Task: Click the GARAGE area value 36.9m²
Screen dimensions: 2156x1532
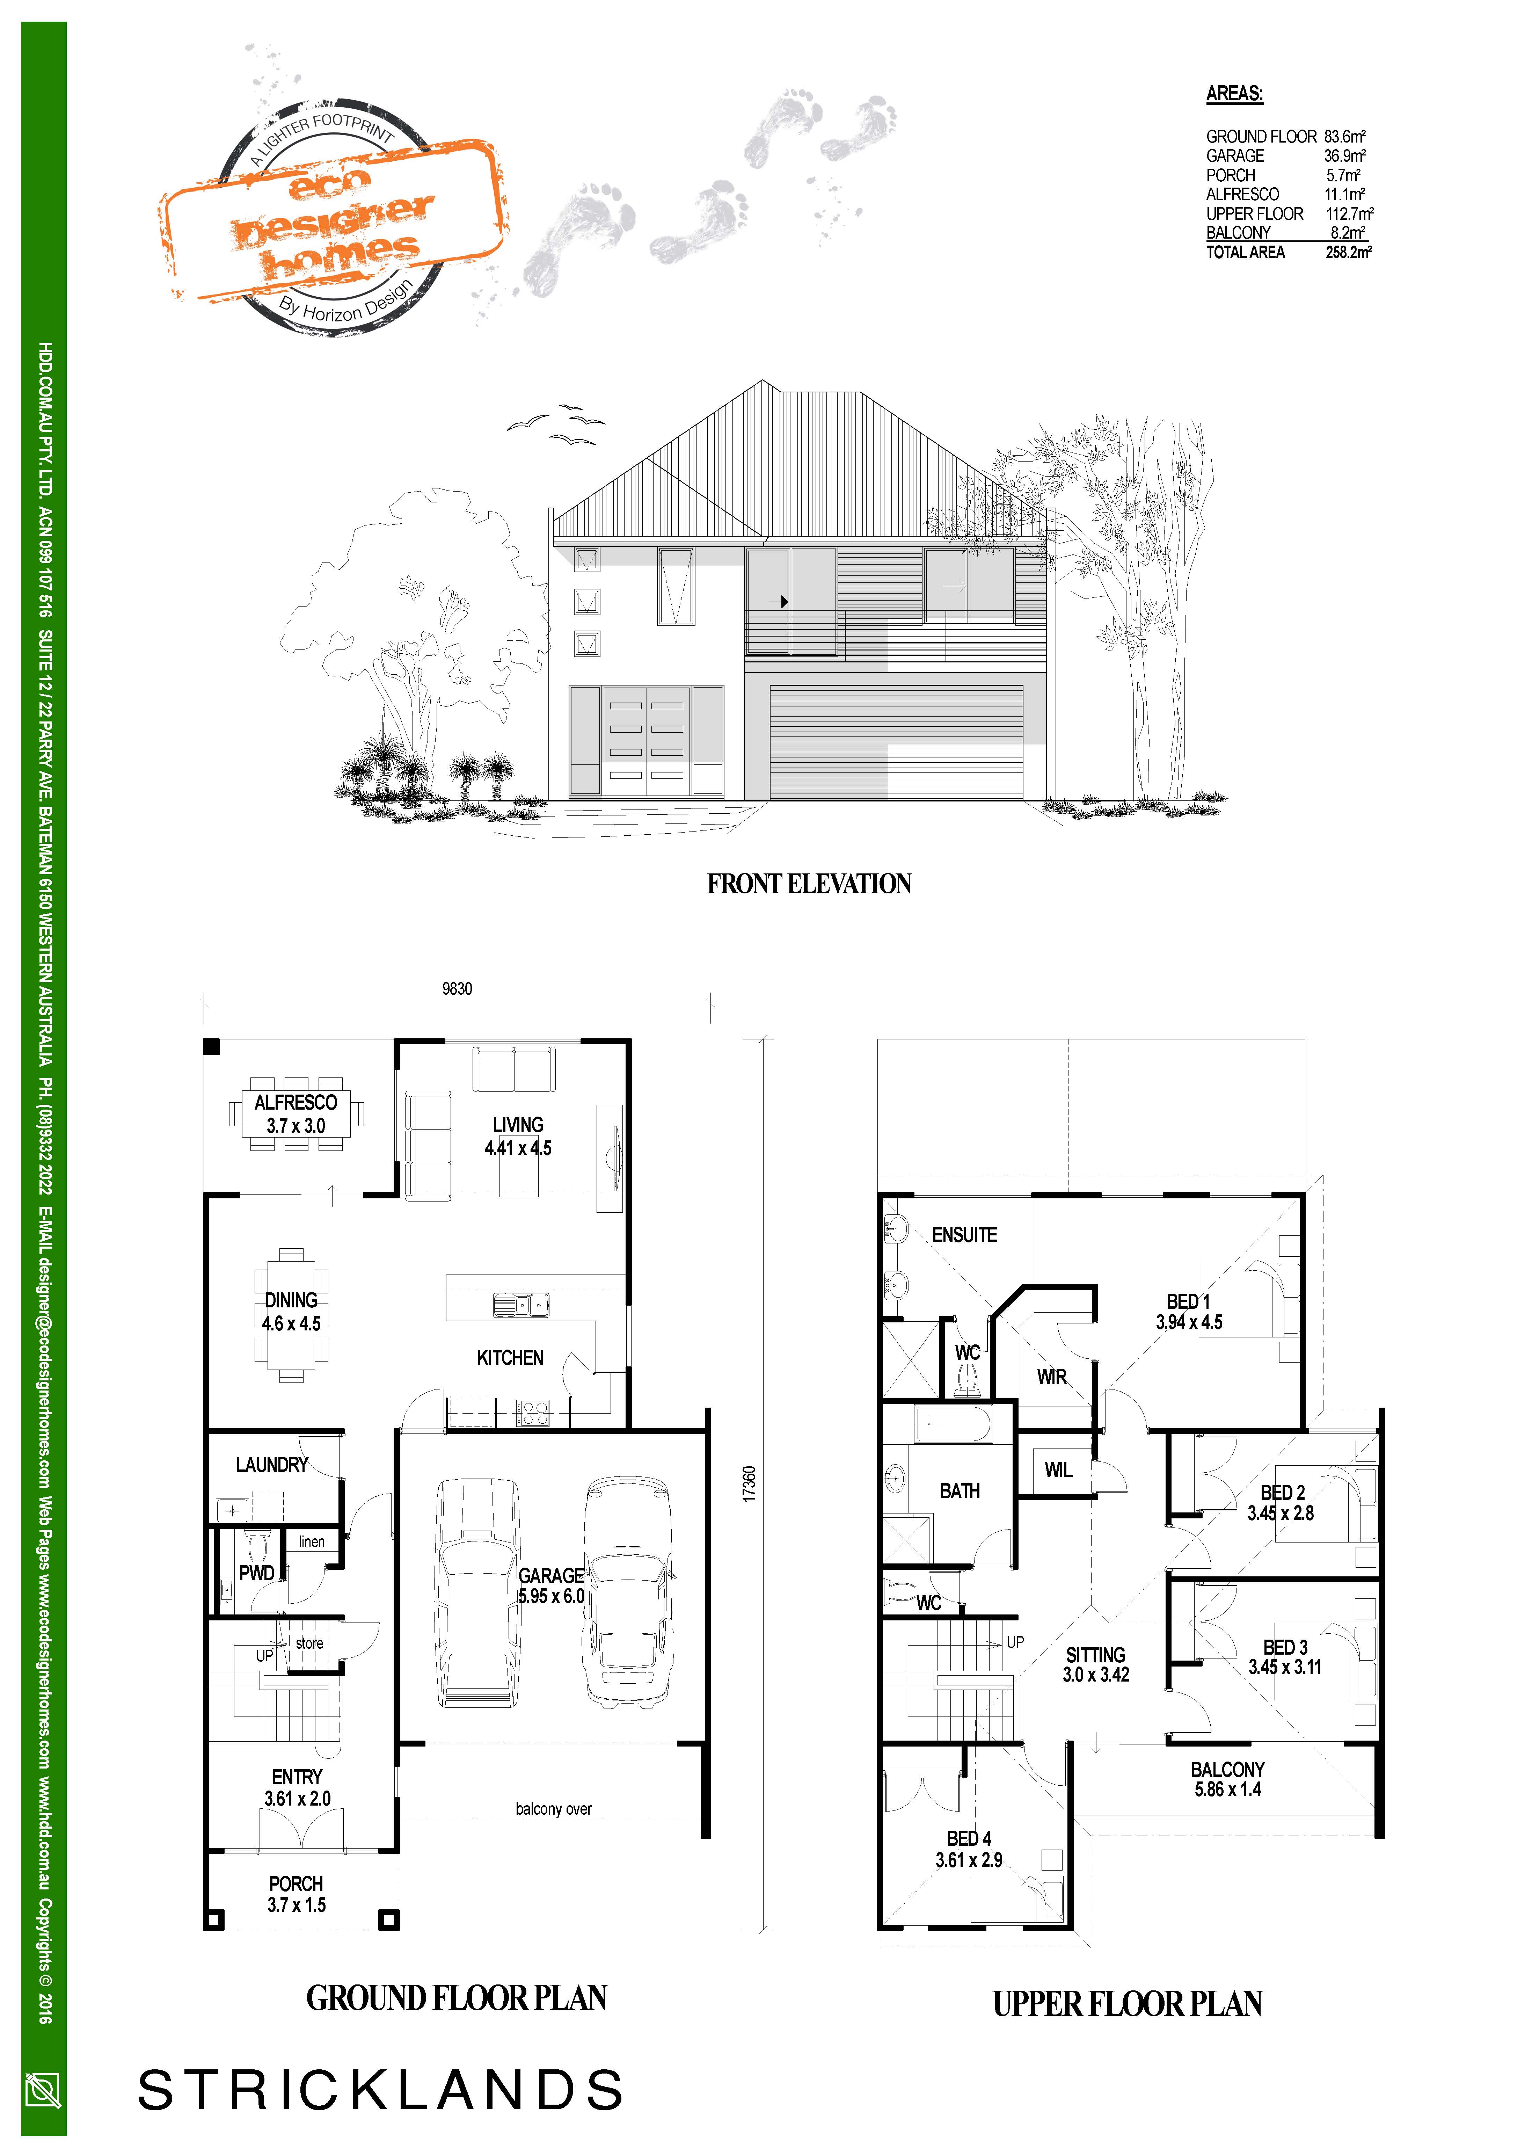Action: coord(1344,156)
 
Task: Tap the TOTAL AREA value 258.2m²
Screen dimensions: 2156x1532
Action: coord(1348,252)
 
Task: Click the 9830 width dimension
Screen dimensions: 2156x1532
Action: coord(457,989)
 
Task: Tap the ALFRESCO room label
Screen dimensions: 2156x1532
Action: coord(295,1102)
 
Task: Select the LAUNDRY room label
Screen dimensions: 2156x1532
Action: coord(272,1464)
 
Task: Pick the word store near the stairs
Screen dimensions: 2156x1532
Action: coord(309,1643)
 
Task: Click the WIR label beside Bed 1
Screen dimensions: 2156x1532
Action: coord(1052,1377)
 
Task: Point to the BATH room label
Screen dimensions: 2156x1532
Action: coord(960,1491)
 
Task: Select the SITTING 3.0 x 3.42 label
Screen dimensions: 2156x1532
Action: coord(1095,1664)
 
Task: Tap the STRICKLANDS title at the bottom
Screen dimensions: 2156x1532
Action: coord(380,2090)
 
